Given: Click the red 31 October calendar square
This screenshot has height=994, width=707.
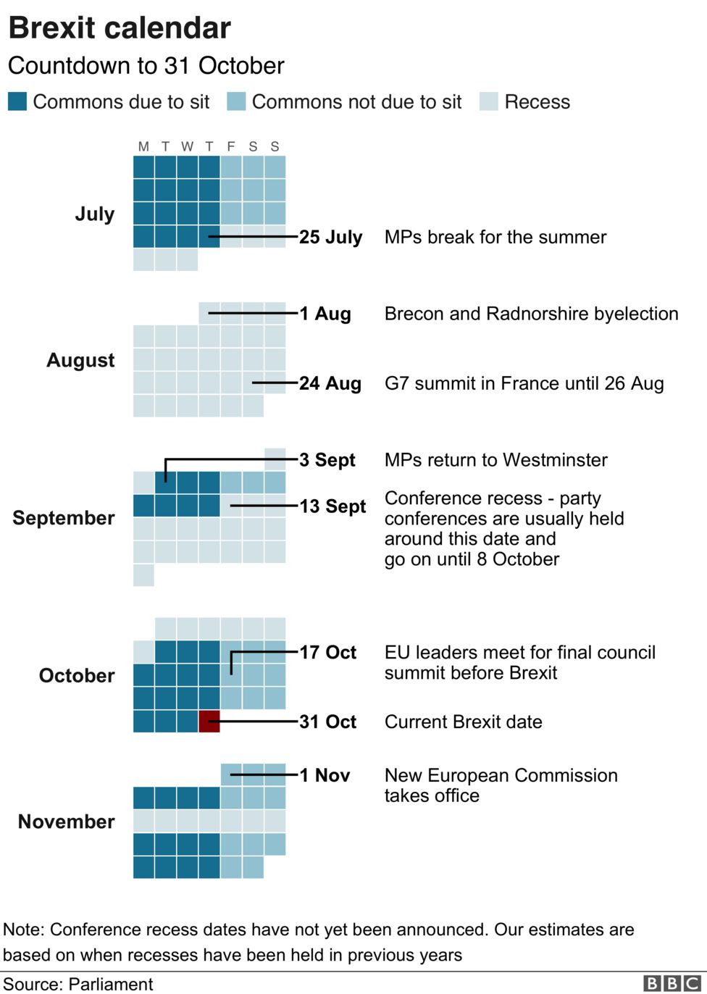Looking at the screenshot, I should pos(209,722).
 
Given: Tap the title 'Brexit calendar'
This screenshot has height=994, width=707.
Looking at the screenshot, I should pos(120,28).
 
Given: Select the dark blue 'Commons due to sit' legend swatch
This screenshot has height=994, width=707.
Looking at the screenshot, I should pos(17,101).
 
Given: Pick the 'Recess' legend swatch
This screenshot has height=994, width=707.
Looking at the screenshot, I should pos(489,101).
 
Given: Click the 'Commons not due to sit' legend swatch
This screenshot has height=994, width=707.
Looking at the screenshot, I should pos(236,101).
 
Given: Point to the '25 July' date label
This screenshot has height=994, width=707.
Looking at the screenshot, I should pos(330,237).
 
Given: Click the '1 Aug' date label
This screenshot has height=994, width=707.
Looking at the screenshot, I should pos(325,314).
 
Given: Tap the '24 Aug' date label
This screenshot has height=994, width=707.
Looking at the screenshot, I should pos(330,383).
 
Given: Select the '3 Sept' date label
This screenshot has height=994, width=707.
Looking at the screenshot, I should pos(327,460).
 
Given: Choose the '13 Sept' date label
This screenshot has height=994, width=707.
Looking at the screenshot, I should pos(332,506).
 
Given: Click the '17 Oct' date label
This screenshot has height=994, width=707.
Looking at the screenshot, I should pos(328,653).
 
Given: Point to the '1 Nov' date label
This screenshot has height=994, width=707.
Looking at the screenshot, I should pos(325,775).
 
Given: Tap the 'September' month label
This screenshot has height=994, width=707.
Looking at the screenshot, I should pos(64,518).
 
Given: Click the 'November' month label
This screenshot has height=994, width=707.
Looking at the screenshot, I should pos(66,822).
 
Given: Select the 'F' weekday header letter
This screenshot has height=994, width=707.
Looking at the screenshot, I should pos(231,146).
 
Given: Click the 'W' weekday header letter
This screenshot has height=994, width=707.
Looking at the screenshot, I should pos(187,146).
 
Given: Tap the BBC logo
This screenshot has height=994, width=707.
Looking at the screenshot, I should pos(672,983).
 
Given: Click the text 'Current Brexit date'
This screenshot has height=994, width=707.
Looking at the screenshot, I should pos(463,722).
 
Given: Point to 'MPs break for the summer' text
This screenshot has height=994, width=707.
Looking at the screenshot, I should pos(495,237).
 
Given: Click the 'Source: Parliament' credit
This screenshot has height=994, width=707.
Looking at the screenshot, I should pos(78,984).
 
